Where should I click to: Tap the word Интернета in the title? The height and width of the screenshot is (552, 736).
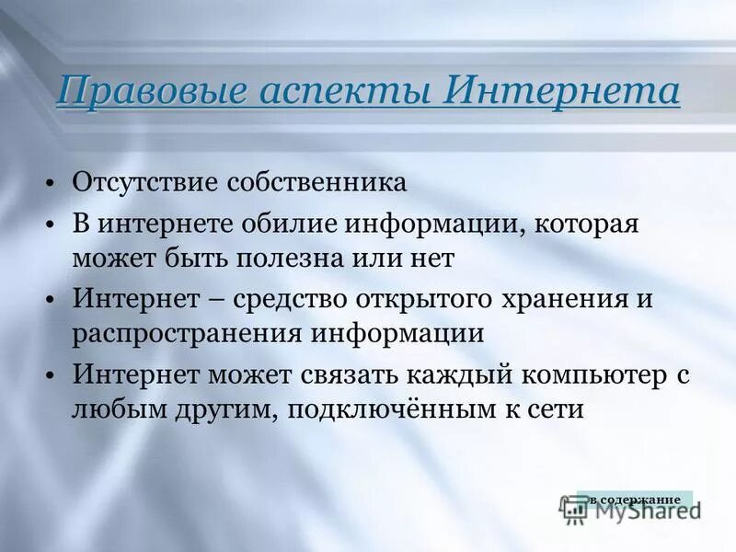point(564,93)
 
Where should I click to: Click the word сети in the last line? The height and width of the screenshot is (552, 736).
point(555,409)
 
